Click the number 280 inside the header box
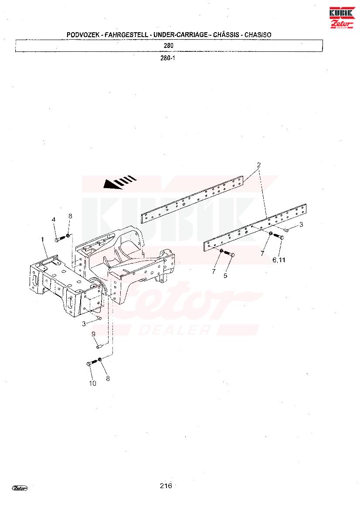(x=169, y=46)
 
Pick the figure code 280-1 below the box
(x=168, y=58)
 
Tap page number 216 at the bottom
(x=166, y=486)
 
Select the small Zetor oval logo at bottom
(x=20, y=488)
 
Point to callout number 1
(x=43, y=239)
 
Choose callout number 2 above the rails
(x=258, y=165)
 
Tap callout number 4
(x=54, y=219)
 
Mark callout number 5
(x=225, y=275)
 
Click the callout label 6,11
(x=279, y=260)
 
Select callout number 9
(x=93, y=334)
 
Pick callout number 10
(x=92, y=384)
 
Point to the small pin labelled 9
(x=98, y=346)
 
